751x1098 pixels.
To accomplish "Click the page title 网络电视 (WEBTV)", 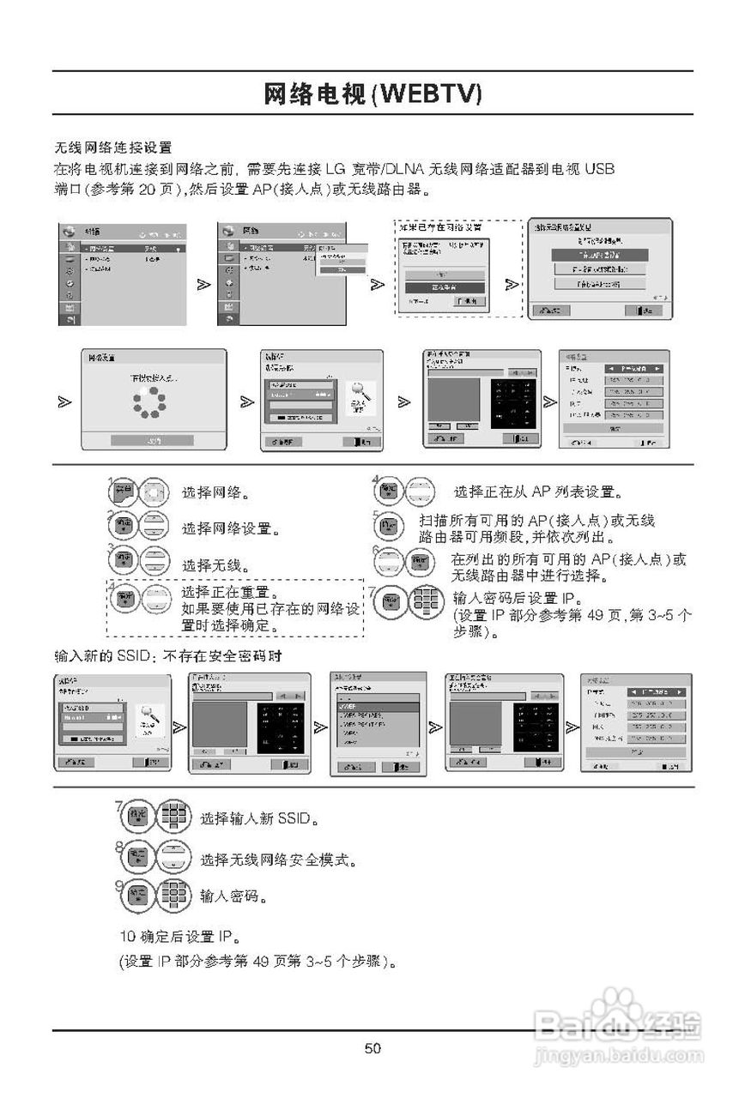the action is coord(372,94).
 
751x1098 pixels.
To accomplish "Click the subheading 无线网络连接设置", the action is coord(112,148).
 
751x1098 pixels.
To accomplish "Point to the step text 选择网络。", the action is coord(215,493).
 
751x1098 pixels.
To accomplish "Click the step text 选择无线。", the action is coord(215,565).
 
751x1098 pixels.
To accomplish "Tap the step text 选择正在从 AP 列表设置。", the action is coord(538,492).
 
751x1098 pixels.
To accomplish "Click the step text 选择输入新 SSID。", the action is coord(260,819).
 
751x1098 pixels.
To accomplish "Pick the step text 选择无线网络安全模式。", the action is coord(278,860).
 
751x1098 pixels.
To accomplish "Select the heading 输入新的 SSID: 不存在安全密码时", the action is coord(168,656).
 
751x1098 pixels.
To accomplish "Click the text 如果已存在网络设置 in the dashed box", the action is coord(439,227).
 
